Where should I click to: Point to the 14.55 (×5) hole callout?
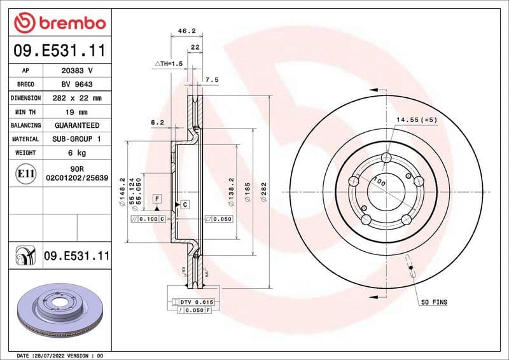(x=417, y=120)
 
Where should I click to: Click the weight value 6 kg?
(x=77, y=153)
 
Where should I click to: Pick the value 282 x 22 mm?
(x=77, y=98)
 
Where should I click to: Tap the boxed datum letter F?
(x=156, y=200)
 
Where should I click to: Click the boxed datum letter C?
(x=185, y=204)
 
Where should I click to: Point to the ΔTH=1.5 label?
(x=169, y=64)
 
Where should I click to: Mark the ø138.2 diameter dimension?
(x=230, y=191)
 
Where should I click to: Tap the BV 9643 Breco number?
(x=77, y=85)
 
